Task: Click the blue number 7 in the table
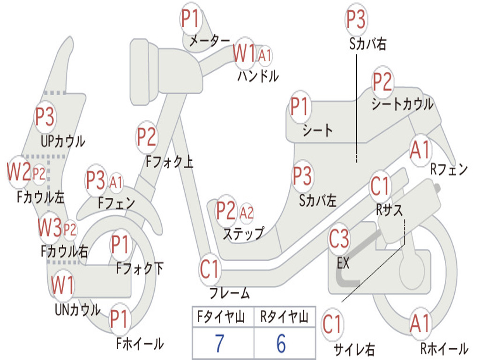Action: click(x=219, y=343)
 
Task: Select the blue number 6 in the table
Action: click(x=281, y=343)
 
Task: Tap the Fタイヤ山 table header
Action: click(x=221, y=317)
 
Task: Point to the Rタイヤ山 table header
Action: click(x=284, y=317)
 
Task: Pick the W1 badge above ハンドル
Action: click(x=244, y=53)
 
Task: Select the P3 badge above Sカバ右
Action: click(x=356, y=19)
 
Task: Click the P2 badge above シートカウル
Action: click(x=382, y=81)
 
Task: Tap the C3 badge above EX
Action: click(x=338, y=239)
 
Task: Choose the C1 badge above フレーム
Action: click(x=210, y=269)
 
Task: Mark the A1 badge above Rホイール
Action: click(x=420, y=323)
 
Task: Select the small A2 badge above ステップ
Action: click(x=247, y=212)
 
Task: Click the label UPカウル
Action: click(x=63, y=142)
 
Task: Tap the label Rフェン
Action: click(x=449, y=169)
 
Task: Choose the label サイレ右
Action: click(x=354, y=349)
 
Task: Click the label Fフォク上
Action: click(x=169, y=161)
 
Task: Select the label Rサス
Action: click(x=389, y=210)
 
